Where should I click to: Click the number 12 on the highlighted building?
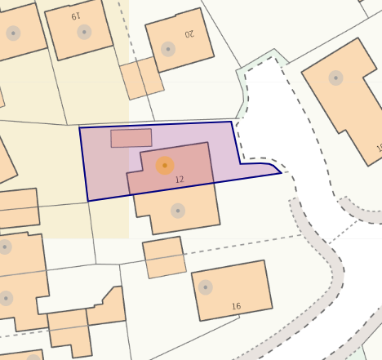pyautogui.click(x=180, y=178)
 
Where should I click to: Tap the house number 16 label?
pyautogui.click(x=237, y=306)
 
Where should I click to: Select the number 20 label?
pyautogui.click(x=189, y=34)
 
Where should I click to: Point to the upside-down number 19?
pyautogui.click(x=76, y=16)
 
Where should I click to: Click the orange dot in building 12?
pyautogui.click(x=165, y=166)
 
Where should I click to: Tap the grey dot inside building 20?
pyautogui.click(x=167, y=49)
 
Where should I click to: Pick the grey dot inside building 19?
pyautogui.click(x=84, y=32)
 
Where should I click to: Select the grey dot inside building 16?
pyautogui.click(x=206, y=287)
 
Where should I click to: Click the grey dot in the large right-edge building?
pyautogui.click(x=335, y=78)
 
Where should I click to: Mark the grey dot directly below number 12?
pyautogui.click(x=177, y=211)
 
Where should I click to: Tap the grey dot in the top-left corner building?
pyautogui.click(x=13, y=33)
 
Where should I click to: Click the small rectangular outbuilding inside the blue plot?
pyautogui.click(x=131, y=137)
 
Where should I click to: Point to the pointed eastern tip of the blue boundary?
pyautogui.click(x=281, y=172)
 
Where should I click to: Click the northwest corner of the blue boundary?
pyautogui.click(x=79, y=128)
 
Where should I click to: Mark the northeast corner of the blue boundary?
pyautogui.click(x=233, y=122)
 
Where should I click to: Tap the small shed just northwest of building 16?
pyautogui.click(x=164, y=257)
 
